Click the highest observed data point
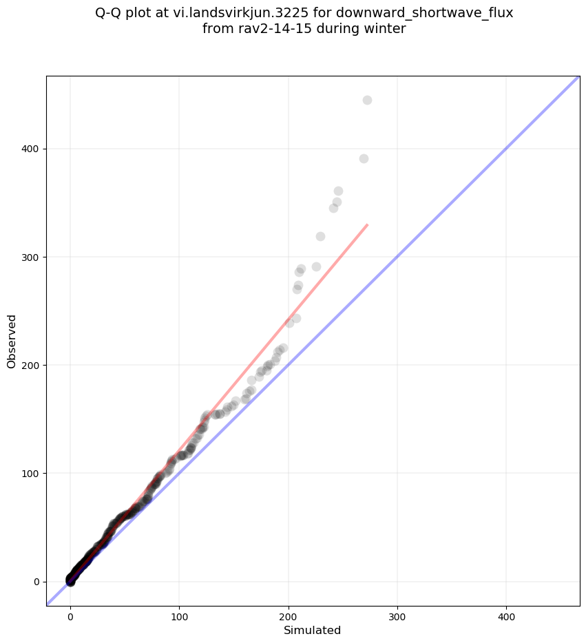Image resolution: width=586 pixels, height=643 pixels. [367, 101]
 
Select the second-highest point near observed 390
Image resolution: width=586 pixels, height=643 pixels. [364, 159]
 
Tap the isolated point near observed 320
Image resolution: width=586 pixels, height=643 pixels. [320, 237]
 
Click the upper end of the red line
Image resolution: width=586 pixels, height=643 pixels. [367, 225]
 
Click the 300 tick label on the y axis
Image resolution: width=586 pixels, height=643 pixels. [32, 257]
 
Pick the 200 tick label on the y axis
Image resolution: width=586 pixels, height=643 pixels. [32, 365]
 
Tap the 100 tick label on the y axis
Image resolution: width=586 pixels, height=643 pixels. [32, 473]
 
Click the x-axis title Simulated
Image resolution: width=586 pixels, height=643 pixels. [313, 631]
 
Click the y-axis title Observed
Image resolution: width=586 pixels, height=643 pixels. [12, 341]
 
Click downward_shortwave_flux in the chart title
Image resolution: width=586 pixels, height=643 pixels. [424, 12]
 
